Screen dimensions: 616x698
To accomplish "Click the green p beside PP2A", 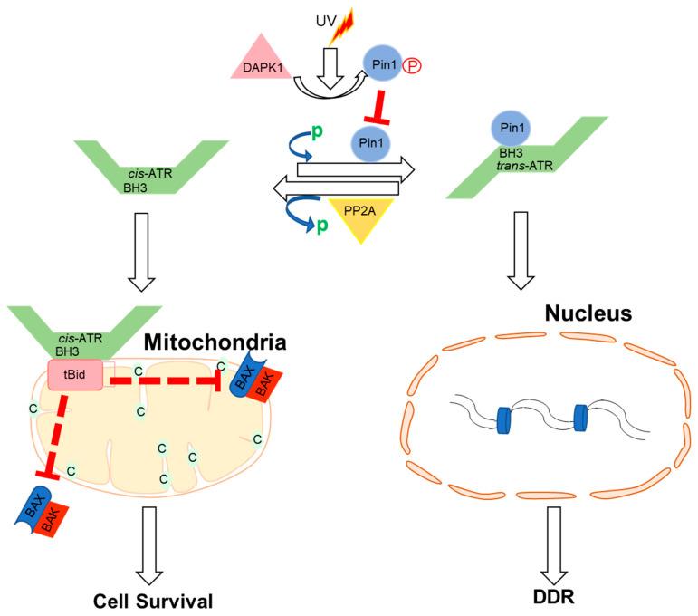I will [321, 226].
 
